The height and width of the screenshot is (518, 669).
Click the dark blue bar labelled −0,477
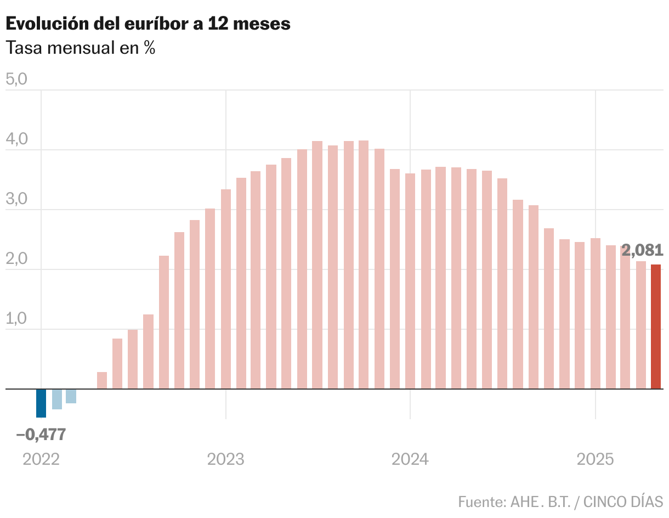41,403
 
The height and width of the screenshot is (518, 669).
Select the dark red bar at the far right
656,326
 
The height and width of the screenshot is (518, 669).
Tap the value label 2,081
643,250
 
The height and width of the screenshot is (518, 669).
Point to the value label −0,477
41,435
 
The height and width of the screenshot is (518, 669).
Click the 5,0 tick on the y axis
16,80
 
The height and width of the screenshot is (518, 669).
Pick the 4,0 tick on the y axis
16,140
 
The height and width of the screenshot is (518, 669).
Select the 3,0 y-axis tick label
16,200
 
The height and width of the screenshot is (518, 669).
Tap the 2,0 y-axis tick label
16,260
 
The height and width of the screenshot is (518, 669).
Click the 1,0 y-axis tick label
16,319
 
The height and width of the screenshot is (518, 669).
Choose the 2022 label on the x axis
41,459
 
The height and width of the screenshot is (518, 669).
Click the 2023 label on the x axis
226,459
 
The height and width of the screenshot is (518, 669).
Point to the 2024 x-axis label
410,459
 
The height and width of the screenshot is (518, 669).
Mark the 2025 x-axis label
595,459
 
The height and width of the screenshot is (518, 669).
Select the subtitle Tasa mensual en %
81,48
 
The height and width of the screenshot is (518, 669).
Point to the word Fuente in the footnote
481,502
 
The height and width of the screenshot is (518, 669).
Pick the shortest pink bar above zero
102,381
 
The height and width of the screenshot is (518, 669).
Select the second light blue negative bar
71,396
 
